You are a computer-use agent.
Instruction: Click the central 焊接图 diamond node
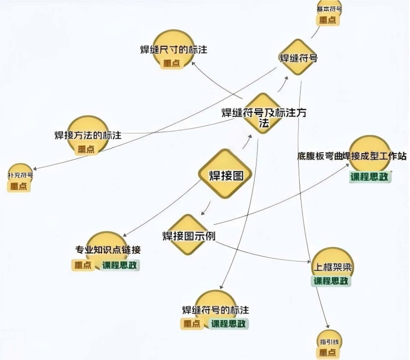225,175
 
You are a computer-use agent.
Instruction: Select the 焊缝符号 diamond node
298,57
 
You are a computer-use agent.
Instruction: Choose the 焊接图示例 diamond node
188,236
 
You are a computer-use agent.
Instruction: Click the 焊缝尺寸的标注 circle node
173,49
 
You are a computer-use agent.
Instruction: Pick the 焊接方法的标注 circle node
88,134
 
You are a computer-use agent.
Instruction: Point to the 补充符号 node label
20,176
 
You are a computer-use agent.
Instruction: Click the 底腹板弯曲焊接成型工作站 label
351,156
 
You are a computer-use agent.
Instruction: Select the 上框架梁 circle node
332,265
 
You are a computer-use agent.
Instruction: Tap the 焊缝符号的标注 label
215,310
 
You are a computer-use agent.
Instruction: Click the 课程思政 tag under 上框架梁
331,281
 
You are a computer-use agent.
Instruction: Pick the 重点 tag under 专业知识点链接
83,265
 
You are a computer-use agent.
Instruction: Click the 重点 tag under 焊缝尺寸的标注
172,63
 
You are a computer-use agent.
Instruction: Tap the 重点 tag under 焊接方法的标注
86,150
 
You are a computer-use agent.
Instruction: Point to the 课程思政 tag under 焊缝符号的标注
229,324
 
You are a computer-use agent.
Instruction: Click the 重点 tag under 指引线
327,353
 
